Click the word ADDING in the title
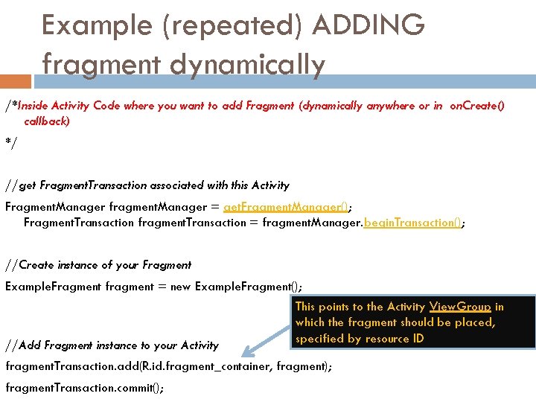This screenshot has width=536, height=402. [368, 25]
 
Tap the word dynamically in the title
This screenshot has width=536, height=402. [247, 65]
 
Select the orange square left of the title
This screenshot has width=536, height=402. [16, 80]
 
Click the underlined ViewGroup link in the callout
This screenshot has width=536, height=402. [460, 307]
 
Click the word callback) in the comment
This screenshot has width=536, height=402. [47, 121]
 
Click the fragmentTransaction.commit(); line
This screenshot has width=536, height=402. [84, 387]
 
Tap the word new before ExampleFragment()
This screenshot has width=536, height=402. [180, 287]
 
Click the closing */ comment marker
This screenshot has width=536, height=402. [10, 141]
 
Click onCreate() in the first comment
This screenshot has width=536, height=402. [476, 106]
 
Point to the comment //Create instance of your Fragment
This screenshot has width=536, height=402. [98, 264]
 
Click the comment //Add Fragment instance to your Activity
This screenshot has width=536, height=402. [112, 345]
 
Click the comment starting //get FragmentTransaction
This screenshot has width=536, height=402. [147, 185]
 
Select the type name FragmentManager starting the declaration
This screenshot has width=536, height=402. [55, 206]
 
